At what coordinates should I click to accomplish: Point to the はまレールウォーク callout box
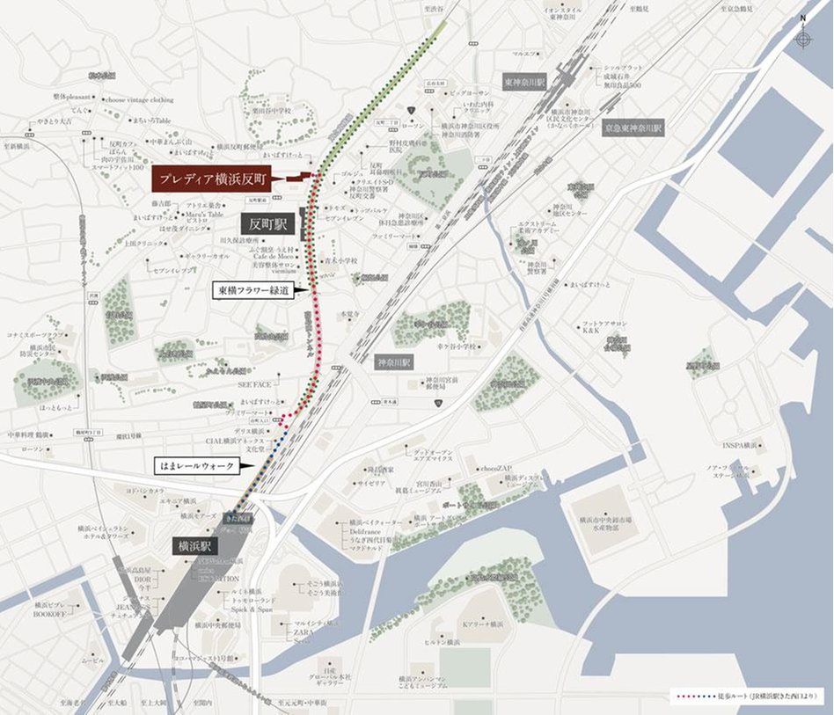click(x=195, y=464)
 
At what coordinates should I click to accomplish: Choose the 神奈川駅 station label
click(x=392, y=361)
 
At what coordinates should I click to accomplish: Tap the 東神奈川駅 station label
click(x=525, y=80)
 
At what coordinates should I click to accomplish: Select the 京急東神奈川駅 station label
click(x=633, y=128)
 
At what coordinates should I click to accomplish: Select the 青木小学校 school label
click(x=339, y=260)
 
